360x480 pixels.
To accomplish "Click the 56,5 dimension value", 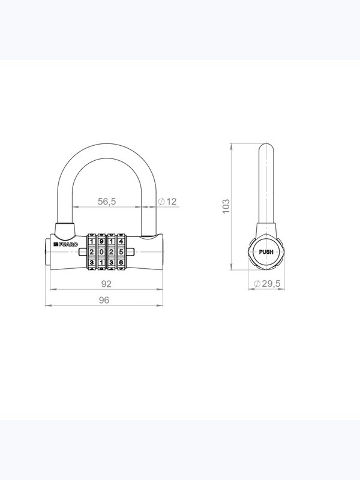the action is [x=107, y=202].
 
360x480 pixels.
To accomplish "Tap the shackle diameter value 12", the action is [x=172, y=202].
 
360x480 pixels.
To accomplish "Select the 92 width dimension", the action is [x=106, y=284].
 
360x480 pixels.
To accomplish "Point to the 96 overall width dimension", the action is [x=104, y=301].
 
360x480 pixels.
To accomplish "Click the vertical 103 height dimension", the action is [x=226, y=206].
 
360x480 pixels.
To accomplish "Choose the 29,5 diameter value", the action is [x=271, y=284].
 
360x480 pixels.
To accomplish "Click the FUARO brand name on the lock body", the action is [x=68, y=244].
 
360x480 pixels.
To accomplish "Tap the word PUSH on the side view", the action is [x=266, y=252].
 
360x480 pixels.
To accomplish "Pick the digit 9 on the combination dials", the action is [x=101, y=242].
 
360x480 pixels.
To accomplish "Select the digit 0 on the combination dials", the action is [x=101, y=252].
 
